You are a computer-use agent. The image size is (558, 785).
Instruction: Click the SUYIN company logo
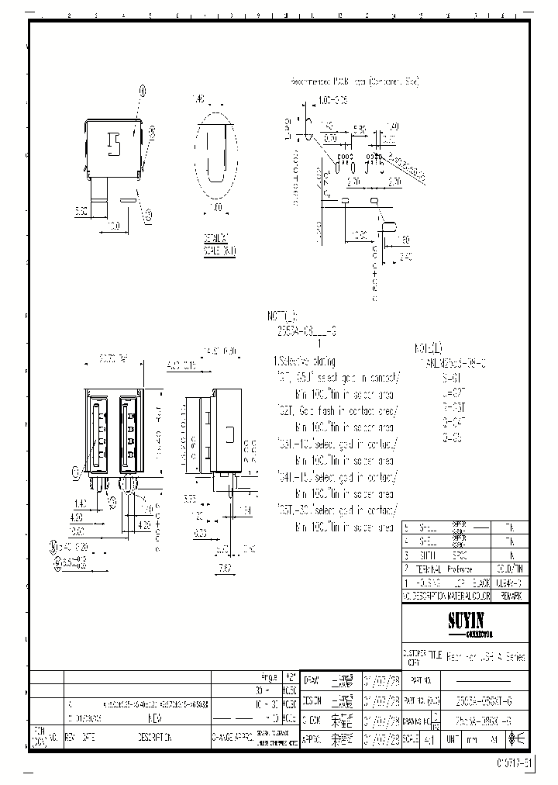pyautogui.click(x=466, y=623)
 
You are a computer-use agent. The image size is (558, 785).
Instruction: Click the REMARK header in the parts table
pyautogui.click(x=511, y=596)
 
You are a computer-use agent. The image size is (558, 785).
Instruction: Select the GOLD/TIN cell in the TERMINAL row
pyautogui.click(x=511, y=569)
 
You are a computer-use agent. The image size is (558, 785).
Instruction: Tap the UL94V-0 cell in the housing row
pyautogui.click(x=512, y=582)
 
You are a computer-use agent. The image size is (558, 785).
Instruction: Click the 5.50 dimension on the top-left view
pyautogui.click(x=80, y=209)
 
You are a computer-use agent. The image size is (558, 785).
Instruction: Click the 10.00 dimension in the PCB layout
pyautogui.click(x=358, y=234)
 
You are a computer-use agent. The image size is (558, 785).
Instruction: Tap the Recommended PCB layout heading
pyautogui.click(x=353, y=81)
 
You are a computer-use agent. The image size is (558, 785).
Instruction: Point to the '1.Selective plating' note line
pyautogui.click(x=304, y=361)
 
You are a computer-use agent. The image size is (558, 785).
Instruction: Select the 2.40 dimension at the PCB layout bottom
pyautogui.click(x=405, y=258)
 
